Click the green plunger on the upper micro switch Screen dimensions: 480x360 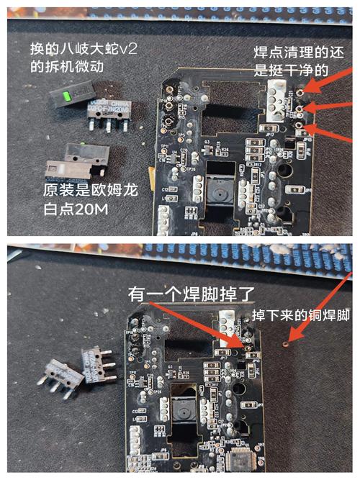click(66, 96)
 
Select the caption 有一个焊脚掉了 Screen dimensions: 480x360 click(185, 294)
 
